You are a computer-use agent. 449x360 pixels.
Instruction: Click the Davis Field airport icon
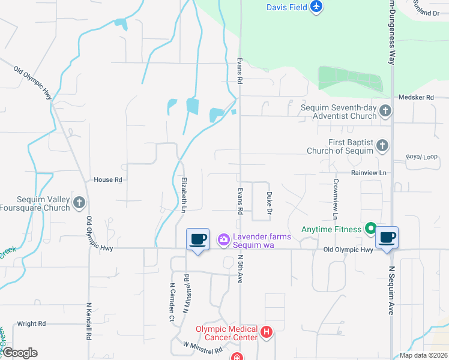click(x=317, y=7)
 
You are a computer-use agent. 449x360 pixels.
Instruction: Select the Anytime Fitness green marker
click(x=371, y=229)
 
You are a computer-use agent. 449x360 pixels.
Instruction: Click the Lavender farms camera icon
click(x=224, y=240)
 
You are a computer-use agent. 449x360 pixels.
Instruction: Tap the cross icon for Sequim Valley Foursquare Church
click(x=79, y=203)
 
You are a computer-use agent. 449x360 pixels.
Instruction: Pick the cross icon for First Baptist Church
click(x=382, y=145)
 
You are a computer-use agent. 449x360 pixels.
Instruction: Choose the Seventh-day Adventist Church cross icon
click(x=385, y=111)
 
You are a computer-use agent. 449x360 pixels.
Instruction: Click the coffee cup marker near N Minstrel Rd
click(x=197, y=239)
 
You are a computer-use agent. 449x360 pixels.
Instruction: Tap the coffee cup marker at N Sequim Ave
click(x=387, y=238)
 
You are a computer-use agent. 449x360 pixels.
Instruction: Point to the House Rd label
click(x=108, y=179)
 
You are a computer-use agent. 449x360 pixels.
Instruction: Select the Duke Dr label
click(x=270, y=205)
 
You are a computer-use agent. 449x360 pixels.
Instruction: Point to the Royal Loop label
click(x=422, y=157)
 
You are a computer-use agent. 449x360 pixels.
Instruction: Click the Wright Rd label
click(x=31, y=324)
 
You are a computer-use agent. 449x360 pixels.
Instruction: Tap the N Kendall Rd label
click(x=89, y=321)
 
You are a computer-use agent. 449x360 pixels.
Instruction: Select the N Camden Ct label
click(x=172, y=303)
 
